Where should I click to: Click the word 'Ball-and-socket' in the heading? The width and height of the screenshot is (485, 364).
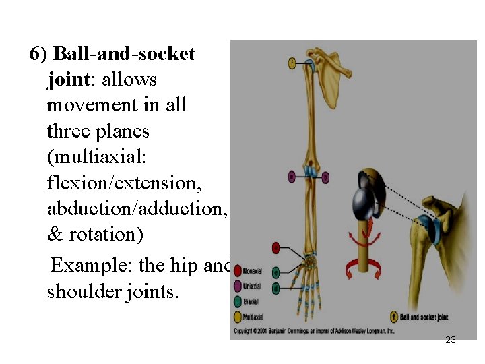124,54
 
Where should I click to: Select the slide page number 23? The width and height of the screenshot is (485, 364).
451,340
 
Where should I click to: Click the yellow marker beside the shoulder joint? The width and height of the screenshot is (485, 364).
292,63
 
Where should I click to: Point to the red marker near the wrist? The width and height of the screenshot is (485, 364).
275,248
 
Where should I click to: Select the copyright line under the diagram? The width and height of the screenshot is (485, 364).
313,331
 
